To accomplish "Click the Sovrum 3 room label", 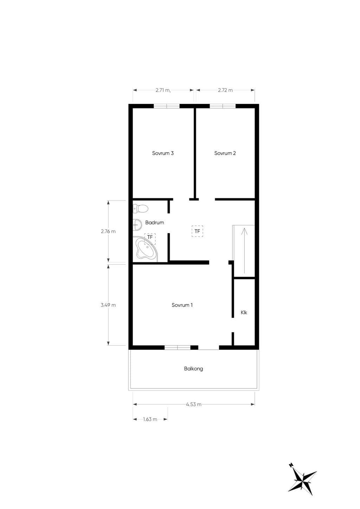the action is (163, 153).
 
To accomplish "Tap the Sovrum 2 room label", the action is (225, 153).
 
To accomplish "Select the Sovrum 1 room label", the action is (182, 305).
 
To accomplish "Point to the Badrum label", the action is (155, 223).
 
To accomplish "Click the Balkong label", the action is (193, 369).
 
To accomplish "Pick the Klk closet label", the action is (244, 313).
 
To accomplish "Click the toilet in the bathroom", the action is (141, 208).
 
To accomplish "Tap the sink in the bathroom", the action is (137, 225).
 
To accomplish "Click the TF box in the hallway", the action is (197, 231).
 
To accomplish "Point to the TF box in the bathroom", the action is (150, 239).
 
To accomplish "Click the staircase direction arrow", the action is (244, 250).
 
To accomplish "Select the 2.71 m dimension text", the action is (163, 90).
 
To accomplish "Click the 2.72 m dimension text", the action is (225, 90).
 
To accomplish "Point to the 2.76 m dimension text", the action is (108, 231).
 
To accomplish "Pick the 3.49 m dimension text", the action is (108, 305).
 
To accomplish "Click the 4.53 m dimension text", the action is (194, 404).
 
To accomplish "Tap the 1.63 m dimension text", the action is (150, 419).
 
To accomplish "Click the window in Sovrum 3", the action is (167, 106).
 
